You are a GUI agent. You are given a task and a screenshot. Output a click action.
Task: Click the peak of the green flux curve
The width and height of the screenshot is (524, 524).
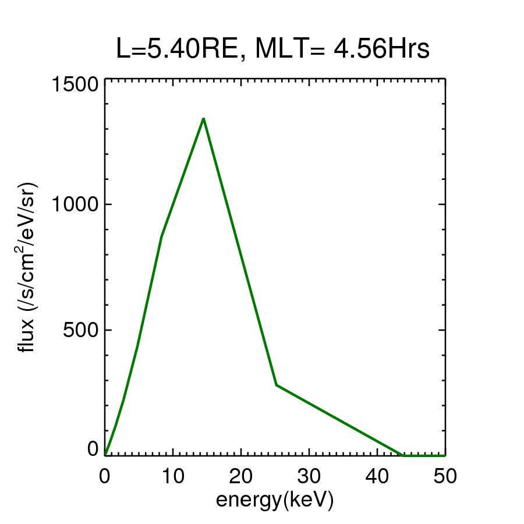coord(203,119)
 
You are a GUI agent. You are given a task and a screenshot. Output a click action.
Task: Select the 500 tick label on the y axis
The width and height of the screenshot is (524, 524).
coord(79,330)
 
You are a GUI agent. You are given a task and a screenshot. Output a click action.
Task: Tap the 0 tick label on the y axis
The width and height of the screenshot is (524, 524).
coord(93,449)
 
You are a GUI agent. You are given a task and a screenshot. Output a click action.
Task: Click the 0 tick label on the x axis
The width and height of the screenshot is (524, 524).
coord(105,476)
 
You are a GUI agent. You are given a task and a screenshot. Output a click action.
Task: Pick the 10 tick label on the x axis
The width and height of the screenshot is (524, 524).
coord(172,476)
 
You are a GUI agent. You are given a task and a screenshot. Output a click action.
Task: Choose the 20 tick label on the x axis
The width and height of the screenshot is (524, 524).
coord(240,476)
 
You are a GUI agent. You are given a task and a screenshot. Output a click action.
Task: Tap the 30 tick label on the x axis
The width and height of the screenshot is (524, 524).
coord(309,476)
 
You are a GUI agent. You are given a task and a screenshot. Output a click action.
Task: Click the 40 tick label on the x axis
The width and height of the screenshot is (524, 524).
coord(377,476)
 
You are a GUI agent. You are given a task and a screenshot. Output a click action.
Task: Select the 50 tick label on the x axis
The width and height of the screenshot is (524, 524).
coord(445,476)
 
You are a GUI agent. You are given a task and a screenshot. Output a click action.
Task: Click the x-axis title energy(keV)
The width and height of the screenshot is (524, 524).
coord(275,500)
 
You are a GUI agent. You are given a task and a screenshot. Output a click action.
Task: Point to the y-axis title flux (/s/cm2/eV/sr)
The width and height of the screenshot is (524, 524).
coord(28,267)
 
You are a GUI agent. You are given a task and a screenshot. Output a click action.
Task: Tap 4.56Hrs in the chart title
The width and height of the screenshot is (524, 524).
coord(381,50)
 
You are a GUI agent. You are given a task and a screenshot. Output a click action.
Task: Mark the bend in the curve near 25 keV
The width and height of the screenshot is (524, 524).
coord(277,385)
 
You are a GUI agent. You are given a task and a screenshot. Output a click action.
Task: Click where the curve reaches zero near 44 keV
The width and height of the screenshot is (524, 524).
coord(403,455)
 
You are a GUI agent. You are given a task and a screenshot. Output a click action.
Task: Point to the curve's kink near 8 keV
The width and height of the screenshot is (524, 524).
coord(161,235)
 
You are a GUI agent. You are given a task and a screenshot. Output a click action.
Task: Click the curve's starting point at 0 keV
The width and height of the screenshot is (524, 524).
coord(105,454)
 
